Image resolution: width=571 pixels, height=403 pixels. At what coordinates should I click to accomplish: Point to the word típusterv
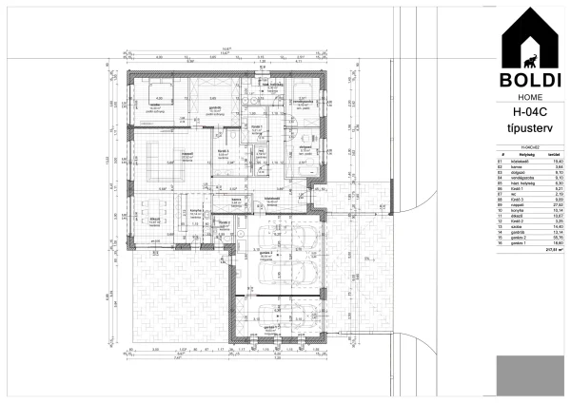click(x=528, y=130)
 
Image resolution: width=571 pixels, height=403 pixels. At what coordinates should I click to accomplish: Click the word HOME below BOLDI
click(x=528, y=97)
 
